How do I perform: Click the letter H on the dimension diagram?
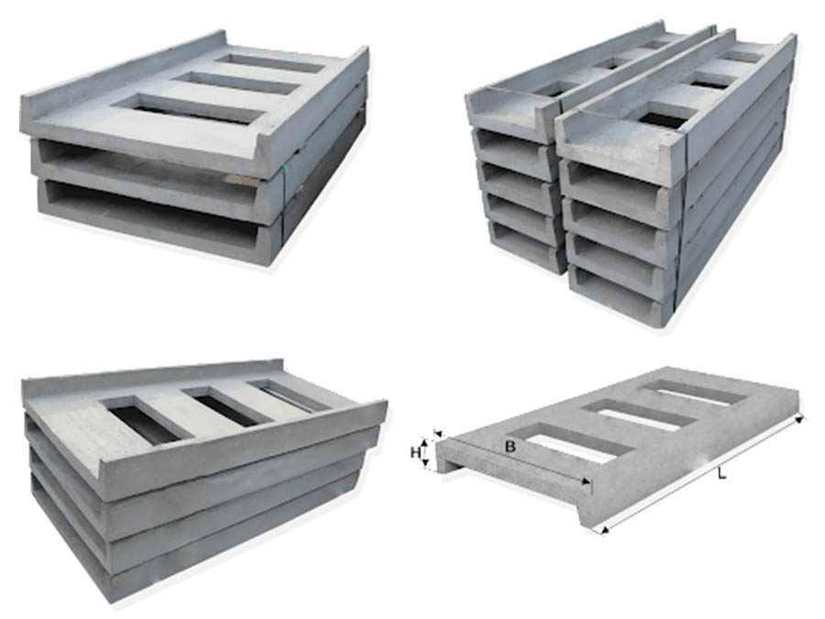pos(415,451)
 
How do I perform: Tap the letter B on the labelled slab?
pos(510,448)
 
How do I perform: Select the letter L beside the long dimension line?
pos(722,474)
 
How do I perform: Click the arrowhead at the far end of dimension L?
pos(800,419)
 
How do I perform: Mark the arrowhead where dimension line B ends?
pos(585,481)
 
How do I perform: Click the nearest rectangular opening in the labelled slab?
pos(572,443)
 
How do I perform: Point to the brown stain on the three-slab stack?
pos(243,181)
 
